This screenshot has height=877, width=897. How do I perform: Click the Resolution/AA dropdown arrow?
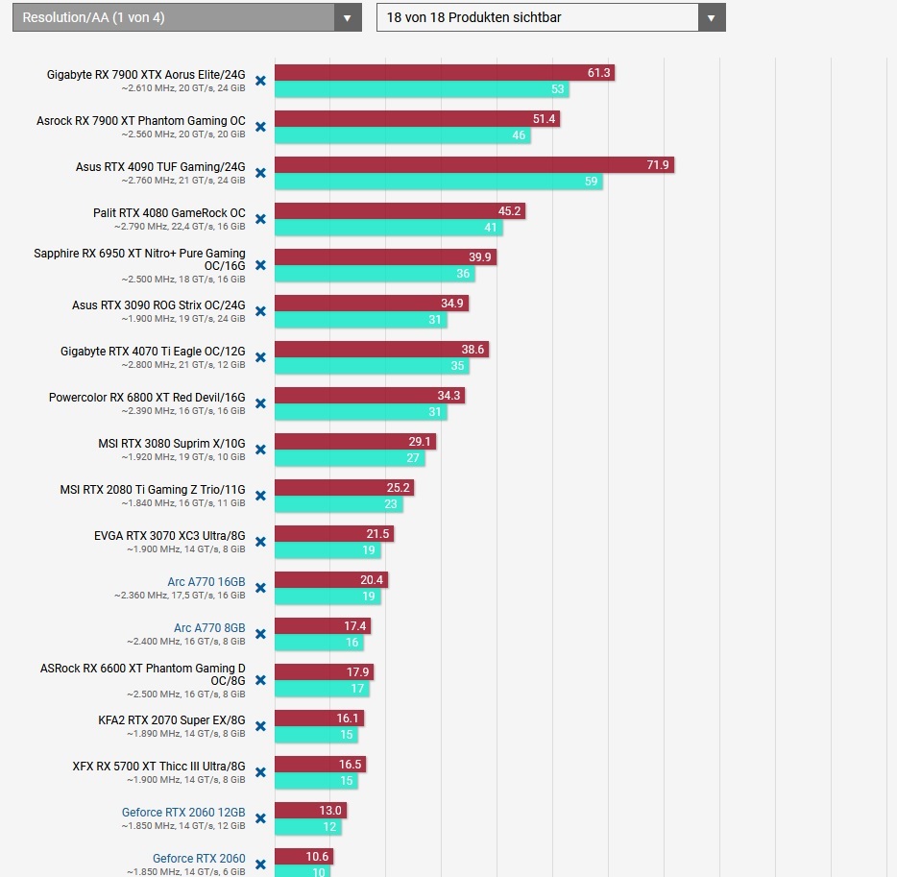point(348,17)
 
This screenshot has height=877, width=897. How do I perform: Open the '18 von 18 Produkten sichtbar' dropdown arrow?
point(711,17)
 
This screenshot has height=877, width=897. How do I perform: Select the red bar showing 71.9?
point(473,165)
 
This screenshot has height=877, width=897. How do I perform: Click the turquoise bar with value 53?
point(422,89)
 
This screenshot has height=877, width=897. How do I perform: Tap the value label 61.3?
point(599,73)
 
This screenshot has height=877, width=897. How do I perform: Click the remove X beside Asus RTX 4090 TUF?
point(260,173)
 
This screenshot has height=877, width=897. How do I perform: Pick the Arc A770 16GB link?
point(206,582)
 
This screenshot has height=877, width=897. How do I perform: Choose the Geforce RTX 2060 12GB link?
point(183,813)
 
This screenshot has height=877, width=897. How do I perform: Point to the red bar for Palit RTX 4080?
point(400,211)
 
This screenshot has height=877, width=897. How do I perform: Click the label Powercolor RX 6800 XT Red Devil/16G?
point(147,398)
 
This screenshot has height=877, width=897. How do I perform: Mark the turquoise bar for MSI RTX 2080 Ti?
point(338,504)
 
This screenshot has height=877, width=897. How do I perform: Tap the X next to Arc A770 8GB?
point(260,634)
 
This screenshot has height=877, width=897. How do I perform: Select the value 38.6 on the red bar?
point(473,350)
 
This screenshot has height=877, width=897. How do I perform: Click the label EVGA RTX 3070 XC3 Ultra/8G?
point(169,536)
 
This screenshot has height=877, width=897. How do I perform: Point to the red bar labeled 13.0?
point(310,811)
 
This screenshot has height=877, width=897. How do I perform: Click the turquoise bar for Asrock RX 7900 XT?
point(402,135)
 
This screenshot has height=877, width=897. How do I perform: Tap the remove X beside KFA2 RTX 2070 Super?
point(260,726)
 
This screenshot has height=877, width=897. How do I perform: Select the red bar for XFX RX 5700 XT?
point(320,765)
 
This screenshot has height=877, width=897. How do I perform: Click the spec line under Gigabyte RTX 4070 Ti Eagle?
point(182,365)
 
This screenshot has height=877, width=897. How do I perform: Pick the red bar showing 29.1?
point(354,442)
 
